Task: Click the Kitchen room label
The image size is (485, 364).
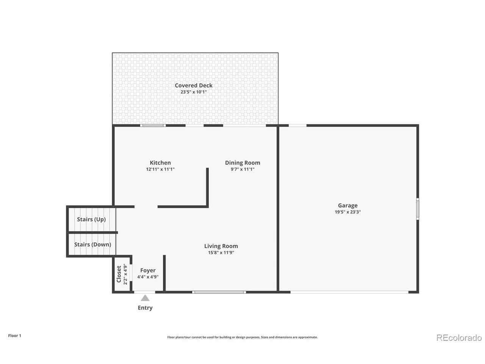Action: pyautogui.click(x=160, y=163)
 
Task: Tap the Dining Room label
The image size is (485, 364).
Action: pyautogui.click(x=242, y=163)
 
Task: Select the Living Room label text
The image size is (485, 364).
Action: pyautogui.click(x=221, y=246)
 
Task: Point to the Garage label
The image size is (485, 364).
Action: pyautogui.click(x=347, y=206)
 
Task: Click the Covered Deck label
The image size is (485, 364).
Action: pyautogui.click(x=194, y=86)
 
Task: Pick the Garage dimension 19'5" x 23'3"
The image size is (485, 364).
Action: pyautogui.click(x=347, y=212)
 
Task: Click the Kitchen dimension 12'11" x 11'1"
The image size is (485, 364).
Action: pyautogui.click(x=160, y=169)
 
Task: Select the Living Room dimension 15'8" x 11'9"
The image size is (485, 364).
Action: pyautogui.click(x=221, y=253)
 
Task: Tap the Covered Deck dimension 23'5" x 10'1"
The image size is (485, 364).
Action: pyautogui.click(x=194, y=92)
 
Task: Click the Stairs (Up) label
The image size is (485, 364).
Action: pyautogui.click(x=91, y=220)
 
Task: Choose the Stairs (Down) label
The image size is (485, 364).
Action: pyautogui.click(x=92, y=245)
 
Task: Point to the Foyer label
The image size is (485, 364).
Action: pyautogui.click(x=148, y=270)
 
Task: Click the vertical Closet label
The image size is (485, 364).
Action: pyautogui.click(x=119, y=274)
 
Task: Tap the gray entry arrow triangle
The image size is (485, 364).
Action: pyautogui.click(x=145, y=298)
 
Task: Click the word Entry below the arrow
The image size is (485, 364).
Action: pyautogui.click(x=145, y=308)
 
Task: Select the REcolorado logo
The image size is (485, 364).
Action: pyautogui.click(x=459, y=337)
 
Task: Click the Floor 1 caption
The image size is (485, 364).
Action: pyautogui.click(x=15, y=336)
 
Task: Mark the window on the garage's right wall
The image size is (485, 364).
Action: pyautogui.click(x=418, y=209)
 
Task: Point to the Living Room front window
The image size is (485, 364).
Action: pyautogui.click(x=219, y=292)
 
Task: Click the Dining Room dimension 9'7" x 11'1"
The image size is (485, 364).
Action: pyautogui.click(x=242, y=169)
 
